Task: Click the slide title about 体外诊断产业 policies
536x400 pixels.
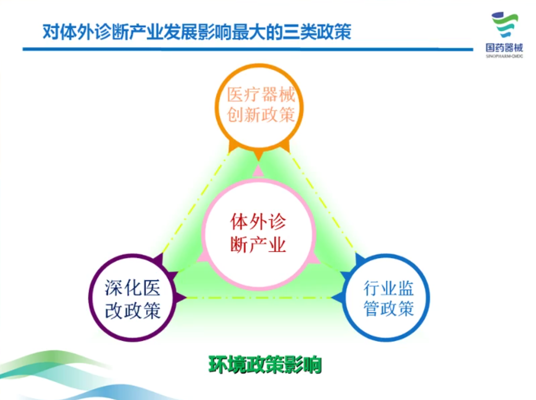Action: tap(196, 32)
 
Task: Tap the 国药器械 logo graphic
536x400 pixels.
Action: tap(504, 25)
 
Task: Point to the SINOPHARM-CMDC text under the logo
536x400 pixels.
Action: tap(504, 56)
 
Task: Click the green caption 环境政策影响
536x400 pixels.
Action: tap(265, 365)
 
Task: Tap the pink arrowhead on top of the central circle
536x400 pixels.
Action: tap(258, 171)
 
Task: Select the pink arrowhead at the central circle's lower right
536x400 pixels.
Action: tap(315, 258)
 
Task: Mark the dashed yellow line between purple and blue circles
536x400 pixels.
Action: tap(258, 297)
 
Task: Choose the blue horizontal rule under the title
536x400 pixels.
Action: tap(248, 49)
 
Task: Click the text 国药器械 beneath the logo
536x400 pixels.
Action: tap(504, 48)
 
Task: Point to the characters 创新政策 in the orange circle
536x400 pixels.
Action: tap(261, 115)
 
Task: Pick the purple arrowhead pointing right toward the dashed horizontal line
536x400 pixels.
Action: tap(181, 297)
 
